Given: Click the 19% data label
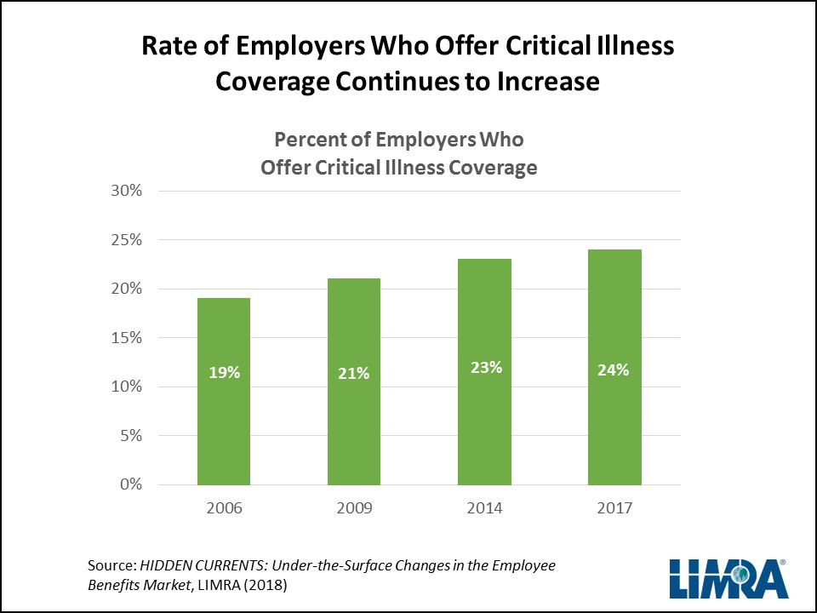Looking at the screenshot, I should coord(224,372).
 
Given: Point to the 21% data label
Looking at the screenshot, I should coord(353,372).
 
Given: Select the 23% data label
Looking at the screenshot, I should coord(484,368).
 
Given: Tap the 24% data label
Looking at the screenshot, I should coord(614,370).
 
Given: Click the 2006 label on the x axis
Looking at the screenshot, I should coord(224,508).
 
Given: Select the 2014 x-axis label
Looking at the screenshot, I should coord(484,508).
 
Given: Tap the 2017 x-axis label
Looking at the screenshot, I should coord(614,508).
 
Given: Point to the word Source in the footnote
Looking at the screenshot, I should coord(111,565).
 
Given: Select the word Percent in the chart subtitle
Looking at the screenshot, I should coord(304,139).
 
